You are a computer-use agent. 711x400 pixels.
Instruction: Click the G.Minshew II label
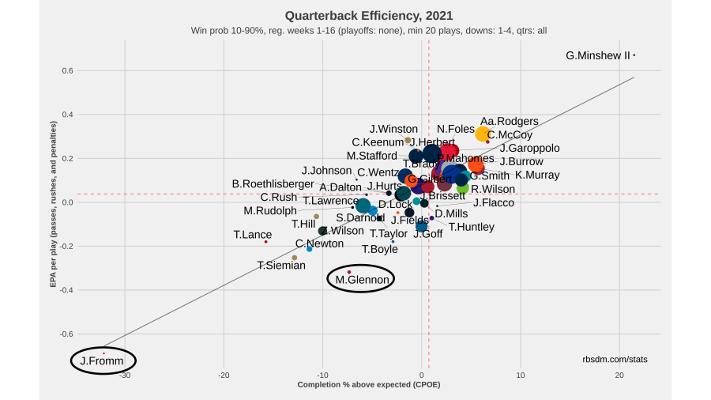coord(598,56)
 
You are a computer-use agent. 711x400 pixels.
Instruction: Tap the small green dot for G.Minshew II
coord(634,55)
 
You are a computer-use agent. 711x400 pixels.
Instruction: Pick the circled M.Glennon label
coord(360,278)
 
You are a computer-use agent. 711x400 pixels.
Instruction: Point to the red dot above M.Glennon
coord(349,272)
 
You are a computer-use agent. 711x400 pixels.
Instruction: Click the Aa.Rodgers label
coord(510,122)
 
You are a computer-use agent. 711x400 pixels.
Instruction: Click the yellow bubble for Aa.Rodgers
coord(483,134)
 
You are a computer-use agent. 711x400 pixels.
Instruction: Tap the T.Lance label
coord(253,235)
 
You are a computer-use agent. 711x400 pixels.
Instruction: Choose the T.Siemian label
coord(281,266)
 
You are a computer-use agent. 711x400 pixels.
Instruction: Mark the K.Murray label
coord(537,175)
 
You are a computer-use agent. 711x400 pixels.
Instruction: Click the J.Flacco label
coord(494,203)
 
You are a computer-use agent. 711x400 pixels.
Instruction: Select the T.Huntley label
coord(472,227)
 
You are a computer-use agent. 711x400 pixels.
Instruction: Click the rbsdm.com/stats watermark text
coord(615,359)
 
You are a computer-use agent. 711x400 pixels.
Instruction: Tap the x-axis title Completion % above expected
coord(368,385)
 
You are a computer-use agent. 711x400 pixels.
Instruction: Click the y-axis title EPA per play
coord(54,202)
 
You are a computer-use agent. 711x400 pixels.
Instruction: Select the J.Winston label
coord(393,129)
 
